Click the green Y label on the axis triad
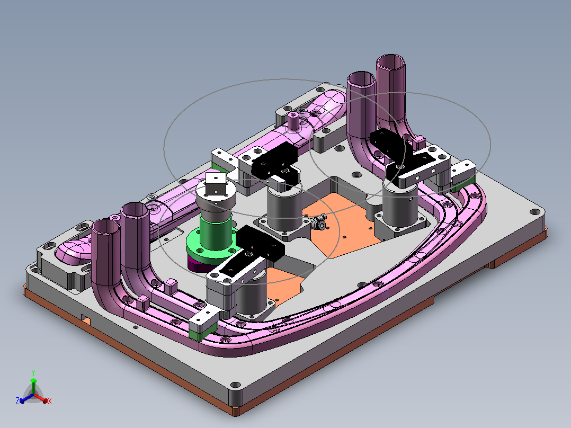[33, 372]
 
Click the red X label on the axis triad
[50, 401]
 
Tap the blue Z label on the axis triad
[17, 401]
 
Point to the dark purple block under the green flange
[199, 264]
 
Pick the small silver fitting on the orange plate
[319, 222]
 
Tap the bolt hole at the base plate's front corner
[236, 385]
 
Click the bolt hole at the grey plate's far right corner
[534, 212]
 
